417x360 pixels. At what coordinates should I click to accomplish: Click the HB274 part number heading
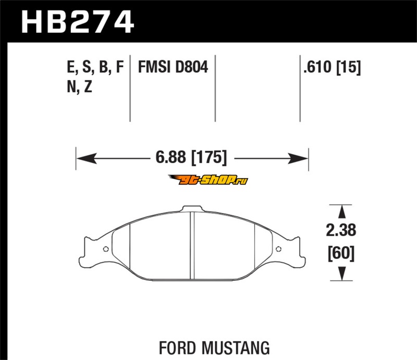click(77, 22)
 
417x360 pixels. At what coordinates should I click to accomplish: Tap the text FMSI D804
click(173, 67)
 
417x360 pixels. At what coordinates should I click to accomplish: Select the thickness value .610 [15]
click(332, 67)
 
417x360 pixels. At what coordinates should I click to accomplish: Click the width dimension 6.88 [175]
click(191, 157)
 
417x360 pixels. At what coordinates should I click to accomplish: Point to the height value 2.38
click(341, 230)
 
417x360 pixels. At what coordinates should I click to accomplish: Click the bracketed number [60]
click(341, 253)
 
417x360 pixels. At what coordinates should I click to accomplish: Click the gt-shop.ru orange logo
click(208, 180)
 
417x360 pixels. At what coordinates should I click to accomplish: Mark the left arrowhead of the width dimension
click(87, 158)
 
